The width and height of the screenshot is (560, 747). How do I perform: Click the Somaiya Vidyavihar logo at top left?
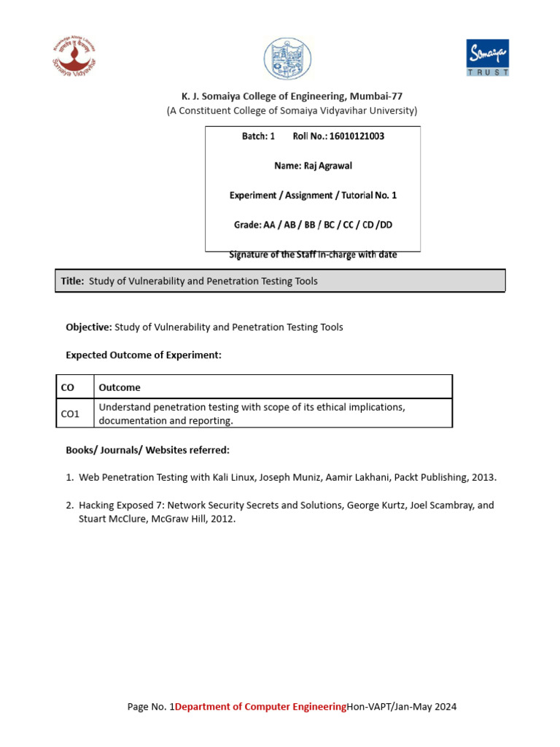(74, 56)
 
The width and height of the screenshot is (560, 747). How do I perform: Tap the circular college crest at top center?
(287, 59)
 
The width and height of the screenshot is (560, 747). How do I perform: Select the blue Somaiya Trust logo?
(487, 57)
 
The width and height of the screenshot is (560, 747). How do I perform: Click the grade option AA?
(268, 225)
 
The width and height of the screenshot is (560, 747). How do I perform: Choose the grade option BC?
(329, 225)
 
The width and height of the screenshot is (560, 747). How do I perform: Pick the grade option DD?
(386, 225)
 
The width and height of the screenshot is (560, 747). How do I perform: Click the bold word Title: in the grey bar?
(72, 281)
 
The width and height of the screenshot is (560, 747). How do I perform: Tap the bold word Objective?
(89, 327)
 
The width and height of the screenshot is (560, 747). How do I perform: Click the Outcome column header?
(120, 387)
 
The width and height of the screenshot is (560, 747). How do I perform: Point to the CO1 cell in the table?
(70, 414)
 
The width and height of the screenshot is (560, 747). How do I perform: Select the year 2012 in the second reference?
(222, 519)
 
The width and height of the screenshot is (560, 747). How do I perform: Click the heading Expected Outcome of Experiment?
(143, 355)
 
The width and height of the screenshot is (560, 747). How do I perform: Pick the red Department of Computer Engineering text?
(260, 706)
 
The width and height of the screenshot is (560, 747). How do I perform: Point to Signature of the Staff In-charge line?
(313, 255)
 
